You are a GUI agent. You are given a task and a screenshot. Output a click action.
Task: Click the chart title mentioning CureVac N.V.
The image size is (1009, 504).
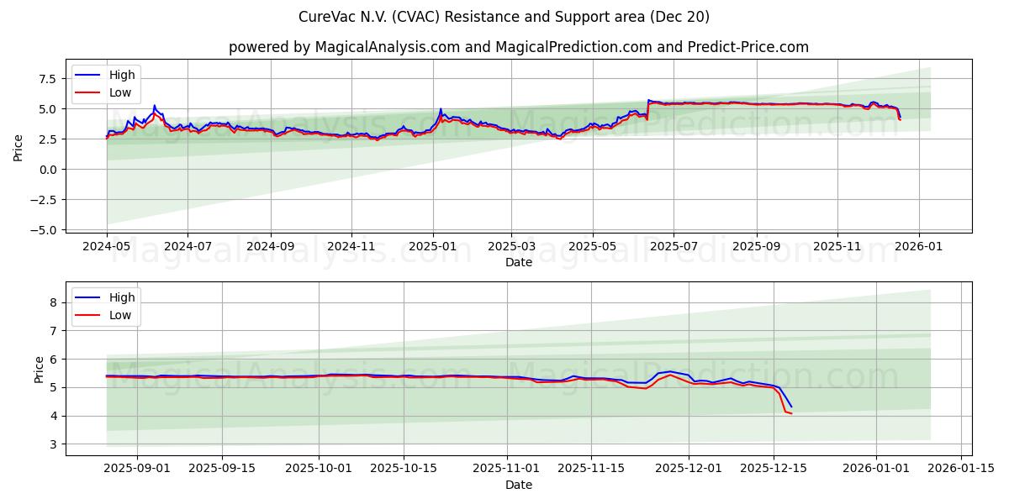click(x=504, y=17)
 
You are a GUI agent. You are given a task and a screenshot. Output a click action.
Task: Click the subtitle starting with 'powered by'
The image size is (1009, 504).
click(x=518, y=47)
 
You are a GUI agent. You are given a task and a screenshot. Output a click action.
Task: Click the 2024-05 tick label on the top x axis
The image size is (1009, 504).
click(x=107, y=248)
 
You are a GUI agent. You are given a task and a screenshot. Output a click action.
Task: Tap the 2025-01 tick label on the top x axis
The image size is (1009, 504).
click(x=433, y=248)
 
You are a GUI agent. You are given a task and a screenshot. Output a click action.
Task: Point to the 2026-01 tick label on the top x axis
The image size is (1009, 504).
click(x=918, y=248)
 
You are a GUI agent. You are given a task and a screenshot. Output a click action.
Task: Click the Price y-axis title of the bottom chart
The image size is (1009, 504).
click(x=40, y=369)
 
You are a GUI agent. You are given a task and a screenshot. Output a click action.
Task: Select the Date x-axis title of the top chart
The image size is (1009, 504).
click(x=518, y=263)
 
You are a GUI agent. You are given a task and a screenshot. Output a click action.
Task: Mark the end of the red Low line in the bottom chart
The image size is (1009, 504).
click(x=791, y=413)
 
